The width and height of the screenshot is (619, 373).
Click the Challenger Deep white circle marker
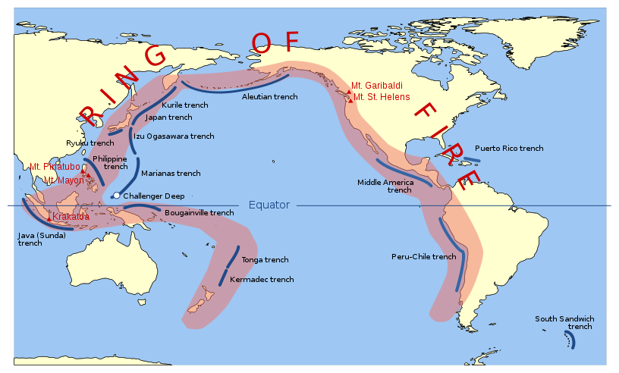point(116,196)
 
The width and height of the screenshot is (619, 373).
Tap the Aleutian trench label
point(269,97)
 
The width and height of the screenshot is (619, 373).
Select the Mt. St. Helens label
point(382,97)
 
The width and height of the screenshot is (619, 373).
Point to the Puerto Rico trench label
point(509,148)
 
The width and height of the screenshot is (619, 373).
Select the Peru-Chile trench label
point(423,256)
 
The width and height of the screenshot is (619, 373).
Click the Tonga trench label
point(265,260)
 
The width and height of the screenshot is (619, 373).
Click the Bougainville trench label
point(200,213)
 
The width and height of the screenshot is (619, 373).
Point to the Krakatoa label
point(71,217)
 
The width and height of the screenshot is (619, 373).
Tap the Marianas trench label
point(171,174)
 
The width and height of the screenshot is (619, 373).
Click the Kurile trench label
point(185,105)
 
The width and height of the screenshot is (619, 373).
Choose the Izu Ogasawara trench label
point(174,136)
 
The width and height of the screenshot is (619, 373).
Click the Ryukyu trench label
point(90,143)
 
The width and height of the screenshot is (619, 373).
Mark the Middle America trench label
point(385,186)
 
